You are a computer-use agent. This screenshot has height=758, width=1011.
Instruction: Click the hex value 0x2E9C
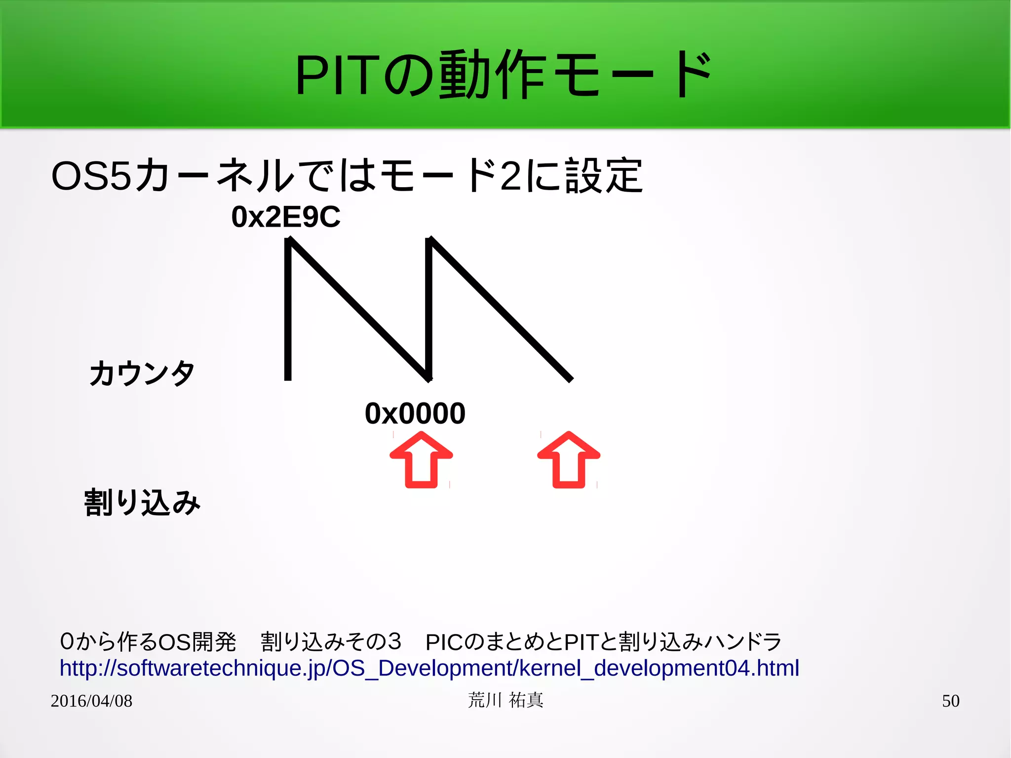click(286, 217)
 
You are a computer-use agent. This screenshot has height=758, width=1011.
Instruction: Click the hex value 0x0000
click(415, 413)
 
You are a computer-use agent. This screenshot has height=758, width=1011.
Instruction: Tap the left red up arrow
click(421, 460)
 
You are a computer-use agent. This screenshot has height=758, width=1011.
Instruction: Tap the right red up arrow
click(569, 460)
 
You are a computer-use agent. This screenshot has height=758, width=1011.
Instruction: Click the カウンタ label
click(142, 373)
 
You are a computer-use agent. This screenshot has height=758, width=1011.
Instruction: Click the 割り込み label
click(142, 503)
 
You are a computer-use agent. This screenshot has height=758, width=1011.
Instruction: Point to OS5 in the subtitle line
click(91, 176)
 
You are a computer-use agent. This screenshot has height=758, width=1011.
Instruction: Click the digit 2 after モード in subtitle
click(510, 176)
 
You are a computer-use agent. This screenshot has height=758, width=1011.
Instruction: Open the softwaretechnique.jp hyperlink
click(429, 668)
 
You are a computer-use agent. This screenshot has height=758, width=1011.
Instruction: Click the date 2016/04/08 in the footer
click(91, 701)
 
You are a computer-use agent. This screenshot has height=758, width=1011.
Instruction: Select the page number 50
click(950, 701)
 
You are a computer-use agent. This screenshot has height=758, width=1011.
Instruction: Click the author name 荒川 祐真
click(505, 700)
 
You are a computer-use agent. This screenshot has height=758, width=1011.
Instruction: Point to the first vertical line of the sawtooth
click(288, 311)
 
